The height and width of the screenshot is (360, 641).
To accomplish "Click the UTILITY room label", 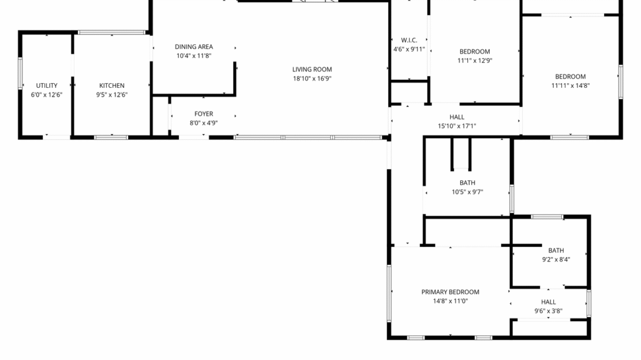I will pos(47,86).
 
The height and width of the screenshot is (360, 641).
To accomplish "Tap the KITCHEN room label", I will pos(111,86).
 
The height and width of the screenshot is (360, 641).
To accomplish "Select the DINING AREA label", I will pos(194,47).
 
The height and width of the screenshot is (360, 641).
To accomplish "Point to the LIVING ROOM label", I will pos(312,69).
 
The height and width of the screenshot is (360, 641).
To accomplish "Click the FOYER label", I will pos(203,114).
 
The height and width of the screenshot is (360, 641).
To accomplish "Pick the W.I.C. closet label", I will pos(409,40).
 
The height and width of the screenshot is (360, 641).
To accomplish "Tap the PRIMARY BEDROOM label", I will pos(450,292).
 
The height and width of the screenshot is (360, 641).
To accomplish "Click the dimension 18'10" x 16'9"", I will pos(312,79).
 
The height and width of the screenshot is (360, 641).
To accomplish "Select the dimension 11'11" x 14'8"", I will pos(570,86).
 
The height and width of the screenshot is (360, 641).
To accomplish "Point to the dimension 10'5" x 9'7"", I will pos(467,192).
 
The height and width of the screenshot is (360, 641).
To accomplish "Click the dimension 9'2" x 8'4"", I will pos(556,259).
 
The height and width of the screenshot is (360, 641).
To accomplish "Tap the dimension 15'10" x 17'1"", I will pos(457,126).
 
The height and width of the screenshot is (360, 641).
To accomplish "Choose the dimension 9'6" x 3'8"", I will pos(548,311).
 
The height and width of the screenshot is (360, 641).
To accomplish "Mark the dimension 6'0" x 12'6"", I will pos(47,95).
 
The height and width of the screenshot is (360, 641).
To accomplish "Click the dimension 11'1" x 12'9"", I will pos(475,60).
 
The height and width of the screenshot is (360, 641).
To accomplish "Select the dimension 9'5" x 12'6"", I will pos(111,95).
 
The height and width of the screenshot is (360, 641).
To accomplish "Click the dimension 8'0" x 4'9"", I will pos(203,123).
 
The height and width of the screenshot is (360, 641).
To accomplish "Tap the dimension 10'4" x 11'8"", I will pos(194,56).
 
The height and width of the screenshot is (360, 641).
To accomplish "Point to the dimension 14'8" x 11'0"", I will pos(450,301).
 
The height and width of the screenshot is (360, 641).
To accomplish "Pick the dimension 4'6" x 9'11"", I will pos(409,50).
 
